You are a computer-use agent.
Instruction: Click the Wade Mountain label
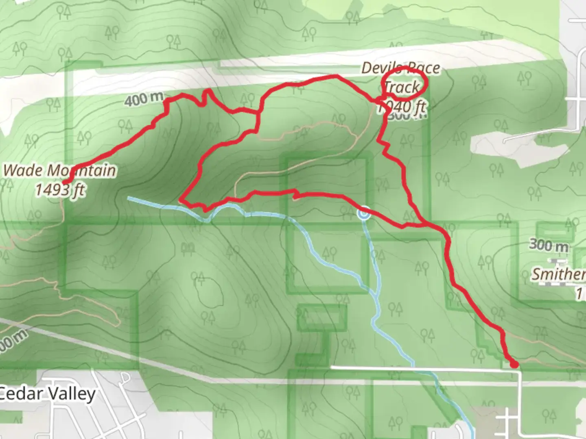pos(59,170)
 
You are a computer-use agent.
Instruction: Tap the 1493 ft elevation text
pos(60,190)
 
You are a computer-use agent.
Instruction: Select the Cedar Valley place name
pos(47,394)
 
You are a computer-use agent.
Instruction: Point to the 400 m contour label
pos(144,99)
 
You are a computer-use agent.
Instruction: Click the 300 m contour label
pos(549,245)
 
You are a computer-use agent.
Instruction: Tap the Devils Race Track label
pos(401,77)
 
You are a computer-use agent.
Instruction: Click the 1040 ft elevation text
pos(402,107)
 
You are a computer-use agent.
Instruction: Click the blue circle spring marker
pos(364,213)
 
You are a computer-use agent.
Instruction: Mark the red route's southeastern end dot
pos(514,365)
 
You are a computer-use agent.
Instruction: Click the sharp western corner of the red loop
pos(181,200)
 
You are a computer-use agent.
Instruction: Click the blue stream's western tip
pos(129,198)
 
